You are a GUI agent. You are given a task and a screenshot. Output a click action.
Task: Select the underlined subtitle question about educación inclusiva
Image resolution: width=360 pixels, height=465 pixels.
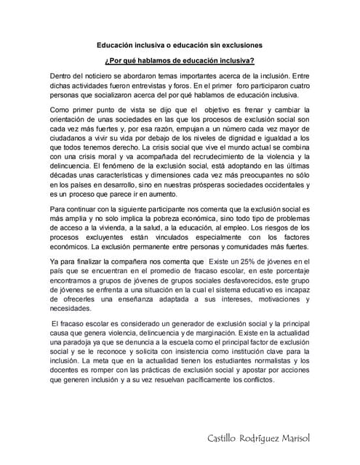click(180, 61)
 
